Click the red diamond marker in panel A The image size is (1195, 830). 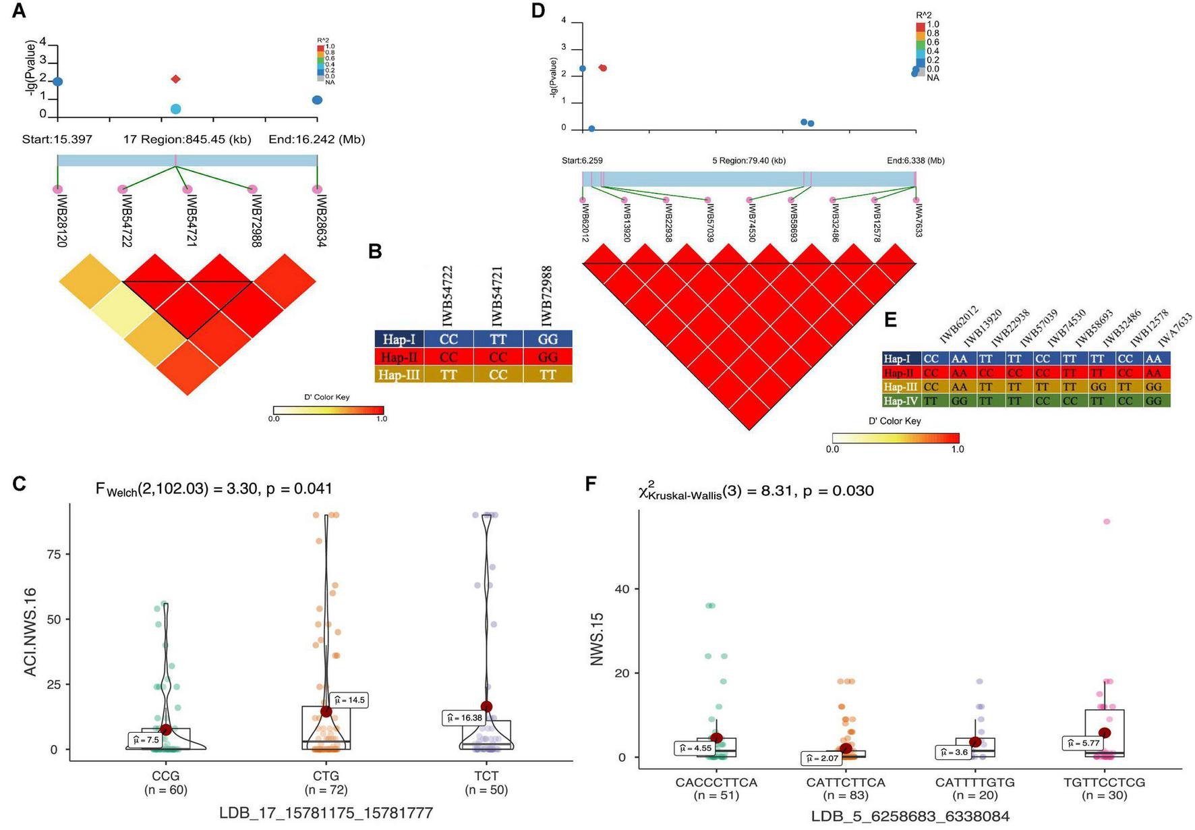coord(176,79)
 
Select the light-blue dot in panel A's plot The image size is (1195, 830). coord(176,109)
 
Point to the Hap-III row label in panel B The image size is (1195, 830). coord(399,375)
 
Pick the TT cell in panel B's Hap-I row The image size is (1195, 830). coord(498,339)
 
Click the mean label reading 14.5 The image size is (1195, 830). coord(351,700)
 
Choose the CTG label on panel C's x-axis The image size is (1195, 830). coord(326,775)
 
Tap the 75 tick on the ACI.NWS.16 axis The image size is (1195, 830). coord(53,554)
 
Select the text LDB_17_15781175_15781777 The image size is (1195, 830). coord(326,813)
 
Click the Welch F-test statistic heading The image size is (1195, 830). coord(214,489)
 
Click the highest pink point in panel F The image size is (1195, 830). coord(1106,522)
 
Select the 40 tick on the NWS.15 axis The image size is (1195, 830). coord(622,589)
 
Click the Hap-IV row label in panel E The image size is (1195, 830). coord(901,401)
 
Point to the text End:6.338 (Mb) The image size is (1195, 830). coord(915,161)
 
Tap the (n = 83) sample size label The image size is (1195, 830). coord(845,796)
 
